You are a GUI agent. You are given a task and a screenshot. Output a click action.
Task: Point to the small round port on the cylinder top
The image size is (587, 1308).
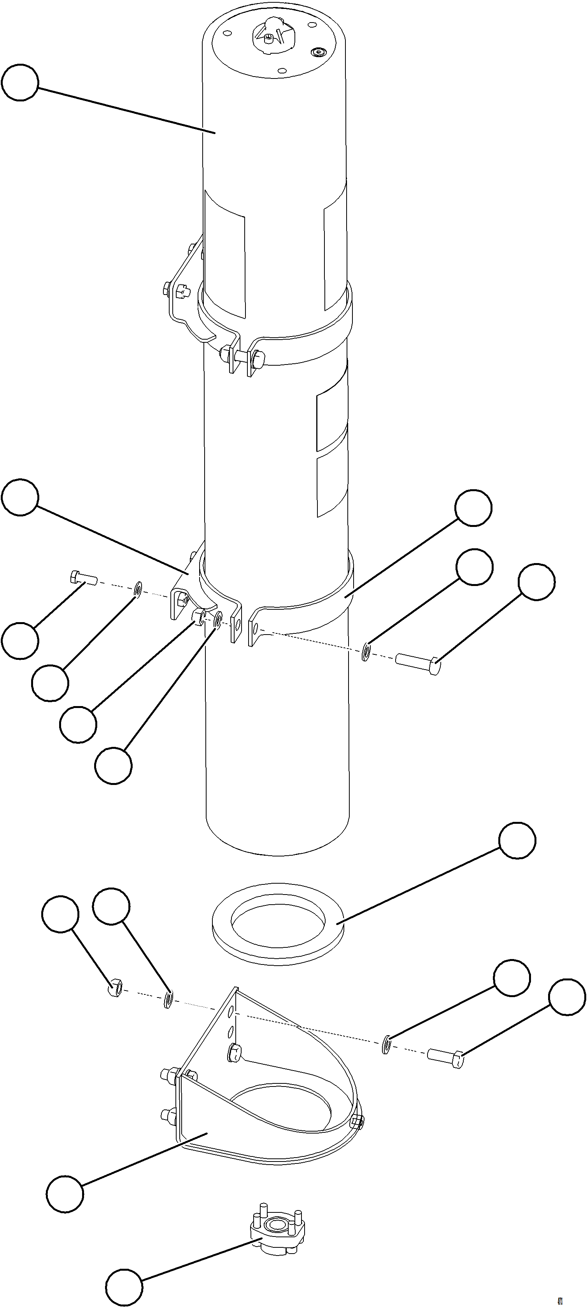click(319, 52)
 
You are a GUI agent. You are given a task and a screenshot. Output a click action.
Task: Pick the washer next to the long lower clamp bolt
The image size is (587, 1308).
click(366, 652)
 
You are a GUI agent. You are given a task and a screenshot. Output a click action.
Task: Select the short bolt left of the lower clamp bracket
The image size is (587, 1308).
click(83, 578)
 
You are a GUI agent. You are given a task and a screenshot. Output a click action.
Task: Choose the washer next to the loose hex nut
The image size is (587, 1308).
click(168, 1000)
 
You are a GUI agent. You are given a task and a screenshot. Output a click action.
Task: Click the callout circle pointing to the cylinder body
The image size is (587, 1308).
click(20, 82)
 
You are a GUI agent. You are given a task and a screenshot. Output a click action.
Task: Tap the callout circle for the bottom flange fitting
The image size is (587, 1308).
click(124, 1284)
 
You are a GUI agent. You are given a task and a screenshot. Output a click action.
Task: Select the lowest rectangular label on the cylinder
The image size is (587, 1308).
click(332, 485)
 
